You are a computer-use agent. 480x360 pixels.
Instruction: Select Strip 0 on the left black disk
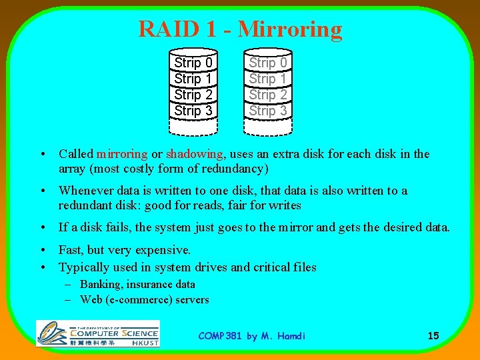coord(193,63)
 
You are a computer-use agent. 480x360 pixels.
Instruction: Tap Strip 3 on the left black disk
coord(193,111)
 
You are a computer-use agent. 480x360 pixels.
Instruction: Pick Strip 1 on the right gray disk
coord(268,79)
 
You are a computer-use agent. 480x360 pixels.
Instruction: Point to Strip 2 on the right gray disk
coord(268,95)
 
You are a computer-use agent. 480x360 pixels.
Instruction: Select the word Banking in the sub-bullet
coord(101,285)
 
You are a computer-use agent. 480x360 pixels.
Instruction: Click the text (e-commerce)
coord(138,300)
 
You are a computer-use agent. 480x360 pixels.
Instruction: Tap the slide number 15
coord(433,336)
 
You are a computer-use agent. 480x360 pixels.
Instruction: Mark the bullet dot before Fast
coord(43,251)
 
